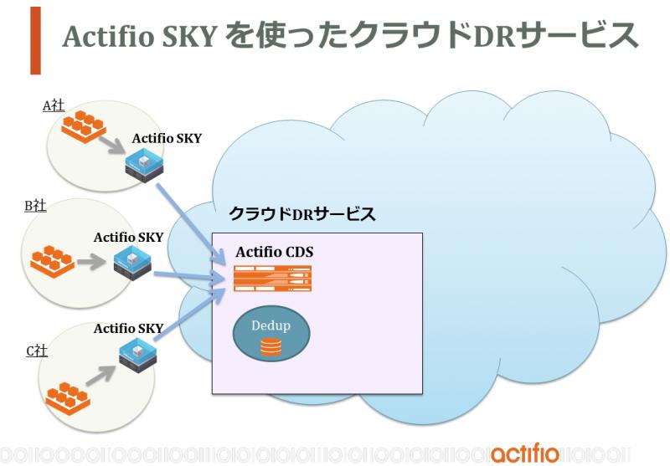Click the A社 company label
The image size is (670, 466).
(x=54, y=105)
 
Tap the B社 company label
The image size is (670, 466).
(x=35, y=206)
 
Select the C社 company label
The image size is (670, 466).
(x=37, y=351)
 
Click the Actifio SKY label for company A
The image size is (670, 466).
(x=167, y=138)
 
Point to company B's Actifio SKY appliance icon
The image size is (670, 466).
(x=133, y=263)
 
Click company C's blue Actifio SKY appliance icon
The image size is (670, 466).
(x=138, y=355)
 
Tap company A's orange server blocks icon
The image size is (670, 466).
(x=84, y=125)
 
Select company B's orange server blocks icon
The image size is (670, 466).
(x=53, y=261)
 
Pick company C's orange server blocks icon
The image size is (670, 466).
(x=68, y=399)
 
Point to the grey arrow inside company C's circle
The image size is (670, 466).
(x=100, y=375)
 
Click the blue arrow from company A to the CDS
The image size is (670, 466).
(x=191, y=224)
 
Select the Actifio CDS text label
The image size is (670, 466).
(x=275, y=252)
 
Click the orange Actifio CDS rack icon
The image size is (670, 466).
(x=273, y=279)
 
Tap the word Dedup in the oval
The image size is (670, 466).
(x=271, y=325)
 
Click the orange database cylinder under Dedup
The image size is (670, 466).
(x=271, y=347)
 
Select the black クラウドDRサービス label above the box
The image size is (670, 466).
(x=302, y=213)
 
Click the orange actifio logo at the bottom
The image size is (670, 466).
(x=525, y=454)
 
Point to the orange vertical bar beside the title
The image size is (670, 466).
(x=35, y=40)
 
